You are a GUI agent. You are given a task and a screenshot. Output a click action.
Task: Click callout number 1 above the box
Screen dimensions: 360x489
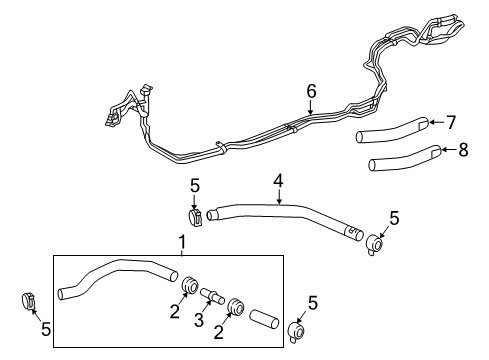click(x=181, y=242)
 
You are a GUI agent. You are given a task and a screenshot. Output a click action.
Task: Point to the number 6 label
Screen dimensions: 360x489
click(x=311, y=91)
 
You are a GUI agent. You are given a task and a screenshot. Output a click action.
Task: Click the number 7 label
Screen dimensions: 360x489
click(x=450, y=123)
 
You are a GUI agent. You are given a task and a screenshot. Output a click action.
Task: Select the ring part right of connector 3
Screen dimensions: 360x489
click(x=237, y=306)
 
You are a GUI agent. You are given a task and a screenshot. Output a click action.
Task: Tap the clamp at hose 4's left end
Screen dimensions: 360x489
click(x=196, y=216)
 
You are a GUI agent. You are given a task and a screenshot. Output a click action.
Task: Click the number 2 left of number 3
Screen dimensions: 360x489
click(x=175, y=312)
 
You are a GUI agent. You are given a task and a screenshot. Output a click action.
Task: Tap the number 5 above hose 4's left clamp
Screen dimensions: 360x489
click(x=196, y=184)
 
